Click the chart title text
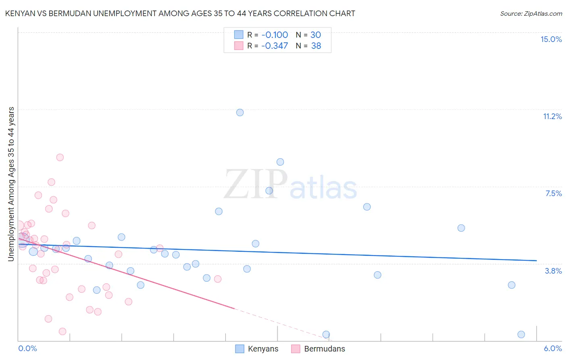[180, 13]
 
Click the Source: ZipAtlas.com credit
[531, 13]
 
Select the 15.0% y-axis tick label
[551, 39]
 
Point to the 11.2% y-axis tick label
[552, 116]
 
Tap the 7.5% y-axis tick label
[553, 193]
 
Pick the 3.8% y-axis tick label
[553, 271]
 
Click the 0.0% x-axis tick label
[27, 348]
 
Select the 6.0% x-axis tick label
[552, 348]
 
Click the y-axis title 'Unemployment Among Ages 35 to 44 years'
[11, 184]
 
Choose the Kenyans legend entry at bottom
[256, 349]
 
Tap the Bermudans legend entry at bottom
[318, 349]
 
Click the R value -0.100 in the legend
[274, 35]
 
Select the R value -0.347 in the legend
[274, 46]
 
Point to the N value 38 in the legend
[316, 46]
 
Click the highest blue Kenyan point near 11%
[240, 113]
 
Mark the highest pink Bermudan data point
[60, 157]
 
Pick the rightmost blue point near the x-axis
[521, 334]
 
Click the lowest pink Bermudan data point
[63, 331]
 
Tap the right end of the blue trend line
[536, 261]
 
